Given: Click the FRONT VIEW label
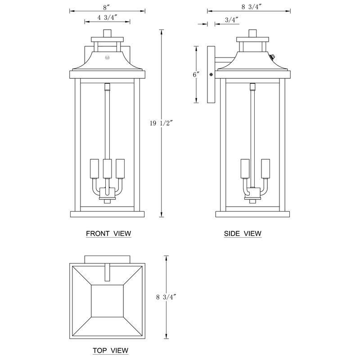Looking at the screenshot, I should point(108,234).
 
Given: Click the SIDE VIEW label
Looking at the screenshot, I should point(243,234).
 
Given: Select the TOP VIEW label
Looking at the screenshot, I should point(110,350).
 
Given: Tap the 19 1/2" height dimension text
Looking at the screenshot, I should point(161,122).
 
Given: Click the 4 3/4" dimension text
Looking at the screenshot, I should point(107,18).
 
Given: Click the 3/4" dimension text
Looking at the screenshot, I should point(231,20).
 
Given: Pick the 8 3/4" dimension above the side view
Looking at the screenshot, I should point(252,7).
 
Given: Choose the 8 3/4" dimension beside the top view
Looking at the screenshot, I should point(166,297).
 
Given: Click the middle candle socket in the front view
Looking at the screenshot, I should point(107,168).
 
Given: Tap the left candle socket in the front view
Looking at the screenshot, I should point(94,168).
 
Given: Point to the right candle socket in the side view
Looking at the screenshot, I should point(265,168).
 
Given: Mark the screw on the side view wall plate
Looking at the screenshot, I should point(211,74).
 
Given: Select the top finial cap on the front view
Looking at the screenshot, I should point(107,33).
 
